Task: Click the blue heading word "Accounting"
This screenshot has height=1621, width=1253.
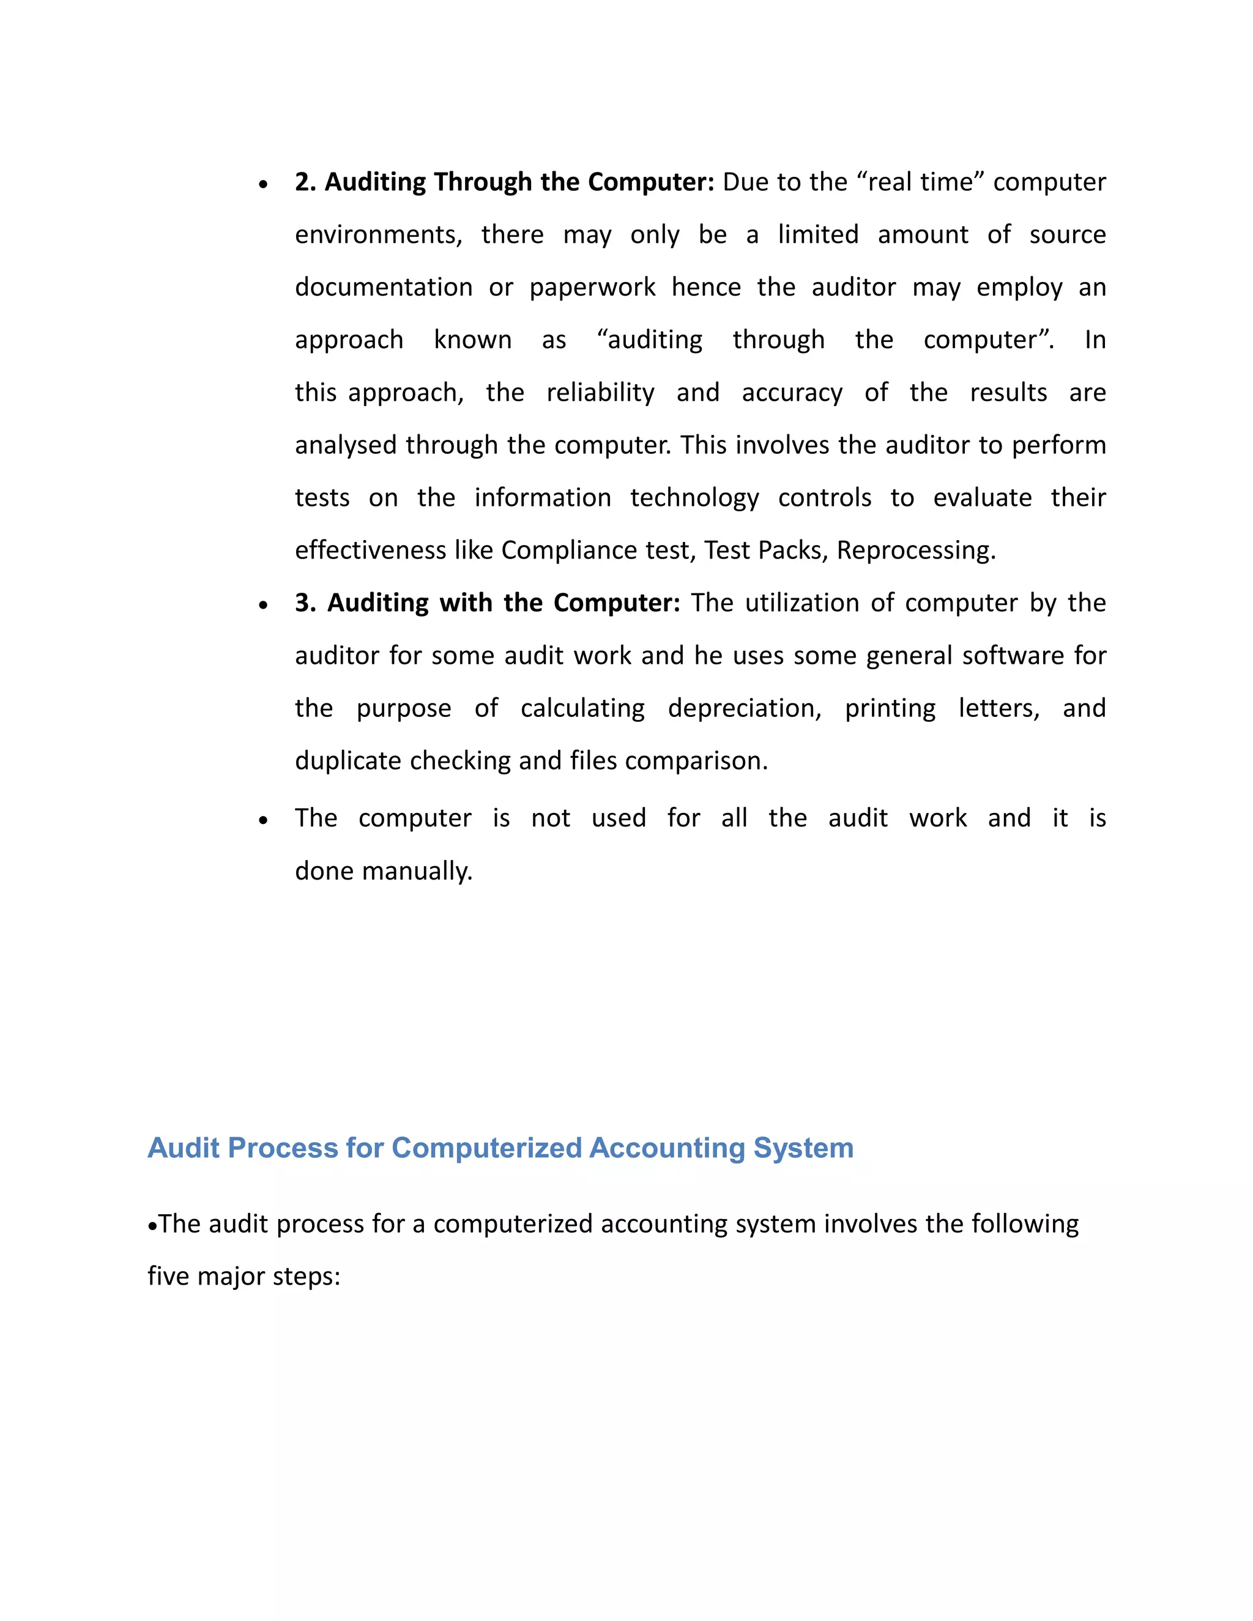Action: tap(666, 1148)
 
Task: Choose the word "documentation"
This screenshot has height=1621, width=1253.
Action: tap(383, 287)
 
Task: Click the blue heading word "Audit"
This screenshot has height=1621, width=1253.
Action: tap(184, 1148)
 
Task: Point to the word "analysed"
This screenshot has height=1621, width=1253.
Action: tap(346, 445)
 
